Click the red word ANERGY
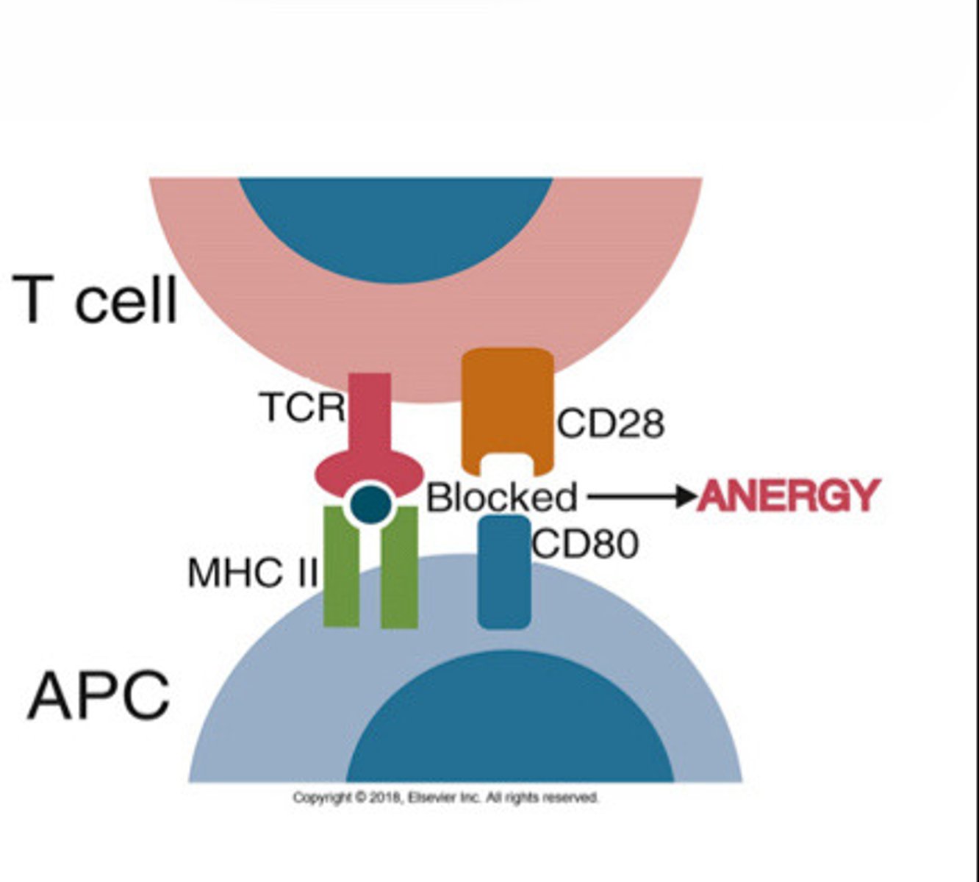[x=787, y=496]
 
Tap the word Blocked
[x=501, y=498]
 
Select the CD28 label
[x=610, y=424]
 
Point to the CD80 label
[x=585, y=544]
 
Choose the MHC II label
[x=252, y=573]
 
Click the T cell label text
[x=96, y=300]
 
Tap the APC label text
[x=98, y=695]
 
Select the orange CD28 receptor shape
[x=507, y=401]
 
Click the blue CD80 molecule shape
[x=504, y=573]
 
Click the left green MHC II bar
[x=341, y=570]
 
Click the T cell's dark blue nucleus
[x=395, y=220]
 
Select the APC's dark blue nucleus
[x=509, y=724]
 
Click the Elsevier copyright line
[x=445, y=797]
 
